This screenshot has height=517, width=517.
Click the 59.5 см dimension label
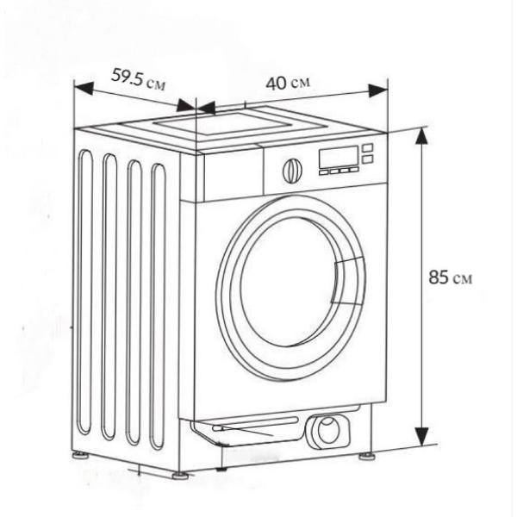pyautogui.click(x=138, y=79)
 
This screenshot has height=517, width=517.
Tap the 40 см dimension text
pyautogui.click(x=288, y=83)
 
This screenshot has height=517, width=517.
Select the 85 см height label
pyautogui.click(x=451, y=277)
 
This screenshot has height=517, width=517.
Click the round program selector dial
pyautogui.click(x=292, y=171)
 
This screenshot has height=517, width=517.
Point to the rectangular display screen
pyautogui.click(x=339, y=158)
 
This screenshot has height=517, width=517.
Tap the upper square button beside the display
pyautogui.click(x=368, y=147)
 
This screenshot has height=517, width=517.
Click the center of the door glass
pyautogui.click(x=290, y=282)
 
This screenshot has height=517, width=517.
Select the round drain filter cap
pyautogui.click(x=327, y=431)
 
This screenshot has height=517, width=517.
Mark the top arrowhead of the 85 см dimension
pyautogui.click(x=422, y=135)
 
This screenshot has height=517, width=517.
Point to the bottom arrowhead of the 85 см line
pyautogui.click(x=421, y=437)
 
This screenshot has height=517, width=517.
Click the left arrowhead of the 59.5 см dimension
pyautogui.click(x=84, y=87)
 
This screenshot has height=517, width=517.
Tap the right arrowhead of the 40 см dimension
pyautogui.click(x=377, y=90)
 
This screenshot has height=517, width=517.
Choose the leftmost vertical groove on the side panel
pyautogui.click(x=85, y=293)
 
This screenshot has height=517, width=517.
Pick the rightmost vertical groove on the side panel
pyautogui.click(x=159, y=307)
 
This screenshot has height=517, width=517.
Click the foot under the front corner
pyautogui.click(x=180, y=476)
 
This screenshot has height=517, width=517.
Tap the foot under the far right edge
pyautogui.click(x=367, y=457)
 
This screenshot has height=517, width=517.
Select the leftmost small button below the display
pyautogui.click(x=323, y=172)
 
